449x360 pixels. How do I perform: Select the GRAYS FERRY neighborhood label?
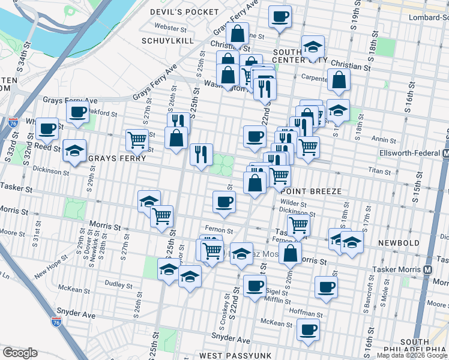(117, 158)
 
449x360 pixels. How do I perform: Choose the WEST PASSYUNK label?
(228, 356)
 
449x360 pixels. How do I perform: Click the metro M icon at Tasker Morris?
(427, 270)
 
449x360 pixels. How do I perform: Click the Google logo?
(20, 352)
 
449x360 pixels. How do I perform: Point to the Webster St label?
(167, 26)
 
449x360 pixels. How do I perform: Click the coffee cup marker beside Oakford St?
(77, 112)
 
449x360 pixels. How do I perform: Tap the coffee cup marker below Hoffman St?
(309, 329)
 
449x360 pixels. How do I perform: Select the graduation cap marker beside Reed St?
(74, 151)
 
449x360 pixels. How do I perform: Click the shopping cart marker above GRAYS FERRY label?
(137, 140)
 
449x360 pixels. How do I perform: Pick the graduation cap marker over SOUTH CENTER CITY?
(313, 47)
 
